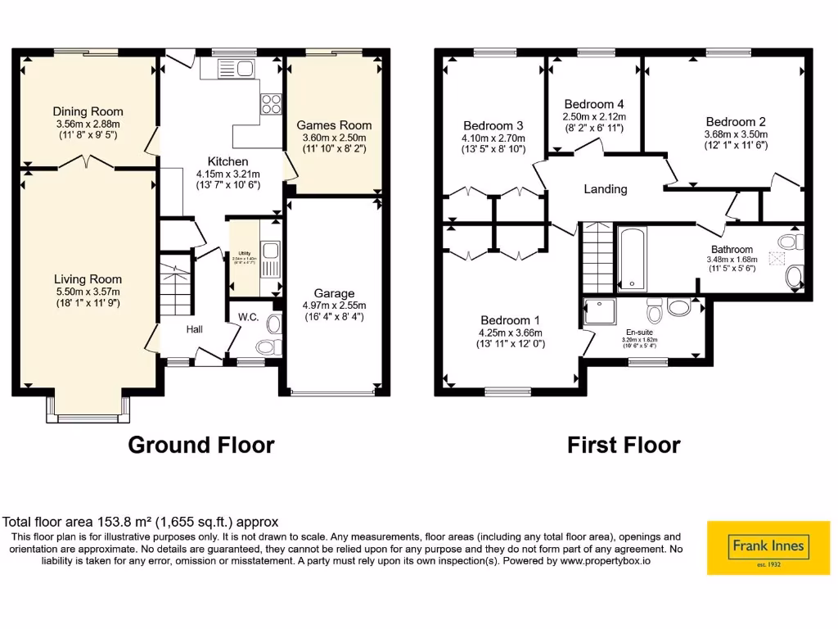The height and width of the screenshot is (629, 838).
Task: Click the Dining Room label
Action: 88,111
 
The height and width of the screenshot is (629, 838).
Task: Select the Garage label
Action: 335,293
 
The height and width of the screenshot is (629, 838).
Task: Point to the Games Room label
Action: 334,125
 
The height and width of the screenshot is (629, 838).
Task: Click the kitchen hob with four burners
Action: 270,104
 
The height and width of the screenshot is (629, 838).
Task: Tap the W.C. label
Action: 249,317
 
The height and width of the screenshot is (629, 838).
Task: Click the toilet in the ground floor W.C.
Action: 272,326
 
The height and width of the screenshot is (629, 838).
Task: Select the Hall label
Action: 194,329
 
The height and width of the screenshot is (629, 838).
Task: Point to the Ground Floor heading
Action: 201,445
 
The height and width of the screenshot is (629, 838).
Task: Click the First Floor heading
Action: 624,445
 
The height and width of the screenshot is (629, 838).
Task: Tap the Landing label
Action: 605,189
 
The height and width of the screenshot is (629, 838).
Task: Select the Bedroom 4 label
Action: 594,104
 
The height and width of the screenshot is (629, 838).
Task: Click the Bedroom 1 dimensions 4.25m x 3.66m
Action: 510,333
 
